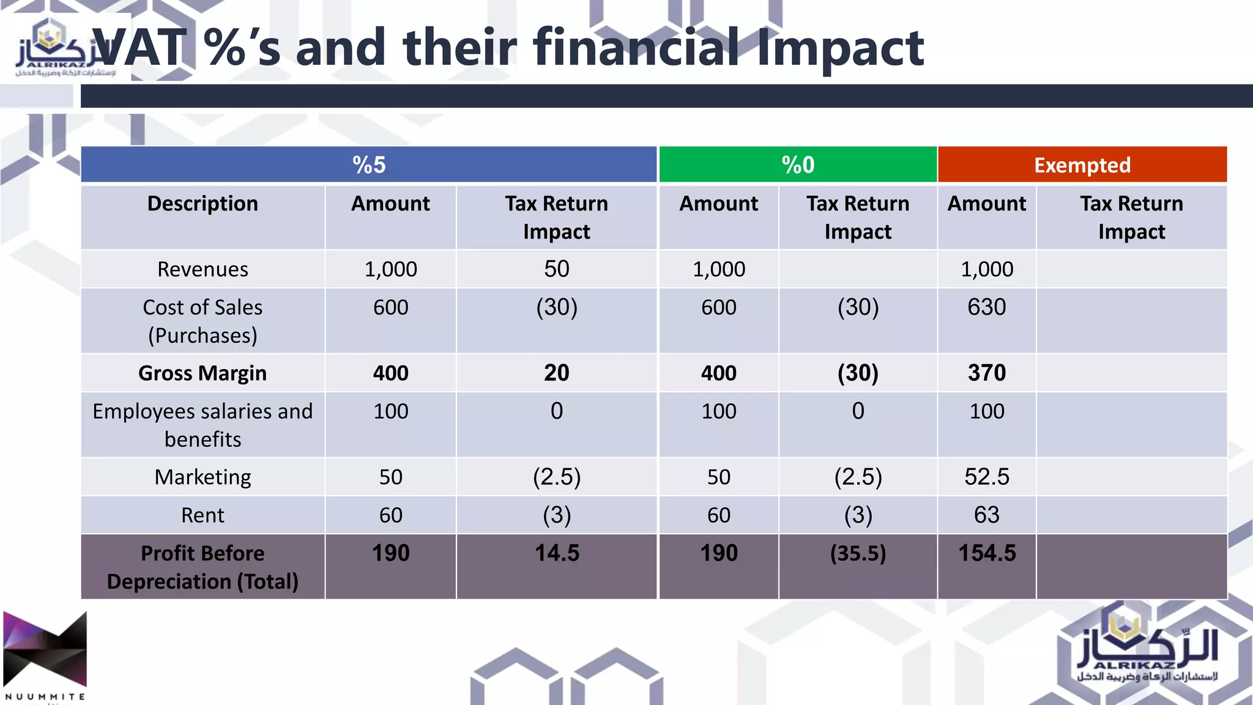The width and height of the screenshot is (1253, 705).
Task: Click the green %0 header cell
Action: click(x=798, y=165)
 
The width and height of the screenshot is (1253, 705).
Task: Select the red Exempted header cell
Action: click(x=1082, y=165)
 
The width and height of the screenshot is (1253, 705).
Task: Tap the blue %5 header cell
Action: click(x=369, y=165)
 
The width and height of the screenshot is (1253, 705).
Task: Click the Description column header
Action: click(x=203, y=204)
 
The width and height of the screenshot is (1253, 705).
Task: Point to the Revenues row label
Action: click(x=203, y=269)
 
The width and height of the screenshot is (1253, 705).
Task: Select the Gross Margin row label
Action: click(x=203, y=373)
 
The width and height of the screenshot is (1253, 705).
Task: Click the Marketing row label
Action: click(x=203, y=477)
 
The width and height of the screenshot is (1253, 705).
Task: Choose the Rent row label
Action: click(x=203, y=515)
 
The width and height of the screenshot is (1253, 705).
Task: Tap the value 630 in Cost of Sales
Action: click(x=986, y=307)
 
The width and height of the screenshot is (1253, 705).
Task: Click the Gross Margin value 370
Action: click(x=986, y=373)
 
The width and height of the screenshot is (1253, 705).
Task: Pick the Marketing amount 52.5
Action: click(x=986, y=477)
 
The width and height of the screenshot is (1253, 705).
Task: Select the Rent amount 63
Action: click(x=986, y=515)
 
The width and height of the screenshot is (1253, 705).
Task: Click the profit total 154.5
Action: click(x=986, y=553)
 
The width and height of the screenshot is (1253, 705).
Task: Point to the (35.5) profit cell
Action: click(x=858, y=553)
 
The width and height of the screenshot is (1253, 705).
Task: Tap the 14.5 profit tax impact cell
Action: click(x=557, y=553)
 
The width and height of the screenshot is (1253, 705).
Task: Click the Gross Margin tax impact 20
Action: click(x=557, y=373)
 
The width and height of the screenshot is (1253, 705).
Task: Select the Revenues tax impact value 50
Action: click(x=557, y=269)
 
